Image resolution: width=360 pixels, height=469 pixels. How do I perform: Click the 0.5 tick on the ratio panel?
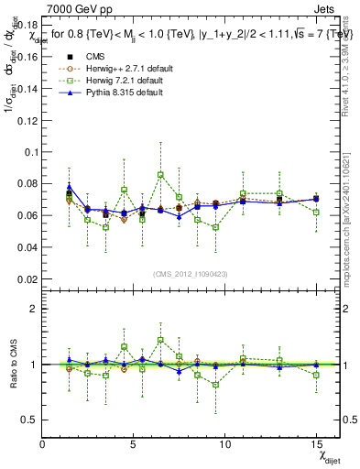[29, 420]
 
